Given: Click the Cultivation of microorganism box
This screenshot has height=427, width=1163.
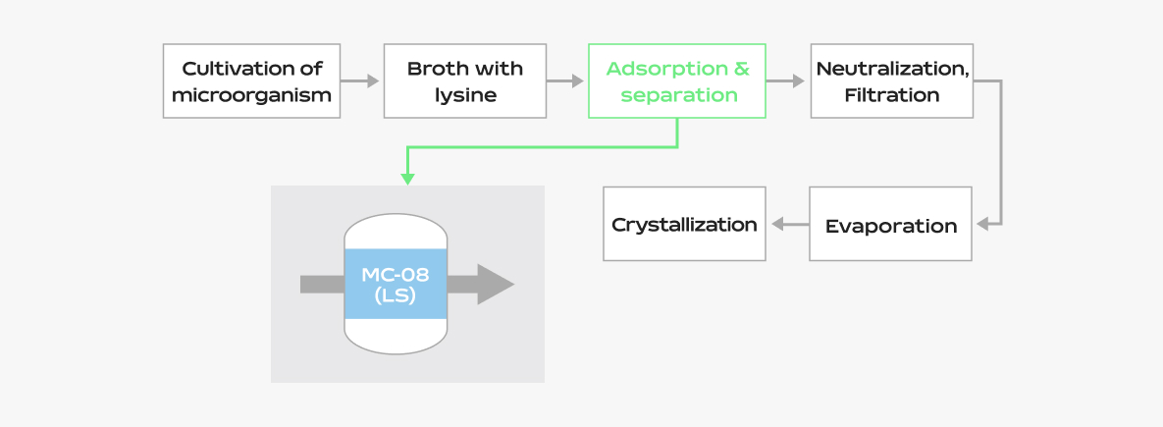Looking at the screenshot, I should [x=251, y=81].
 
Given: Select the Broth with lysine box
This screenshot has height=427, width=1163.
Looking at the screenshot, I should [x=464, y=81].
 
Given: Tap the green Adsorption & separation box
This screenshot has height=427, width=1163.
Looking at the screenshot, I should [x=677, y=81].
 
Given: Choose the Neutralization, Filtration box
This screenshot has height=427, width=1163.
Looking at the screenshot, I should [x=891, y=81].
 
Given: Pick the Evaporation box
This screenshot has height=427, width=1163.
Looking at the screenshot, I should [x=890, y=225].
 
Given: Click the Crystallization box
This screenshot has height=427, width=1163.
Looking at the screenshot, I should [x=684, y=224].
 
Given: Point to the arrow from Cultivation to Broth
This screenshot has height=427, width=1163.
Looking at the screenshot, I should [x=360, y=81].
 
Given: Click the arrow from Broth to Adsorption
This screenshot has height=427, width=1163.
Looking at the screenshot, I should [x=565, y=81].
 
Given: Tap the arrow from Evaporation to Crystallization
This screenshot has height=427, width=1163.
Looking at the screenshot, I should [x=788, y=224].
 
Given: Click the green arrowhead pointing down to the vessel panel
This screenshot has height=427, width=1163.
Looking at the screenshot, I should [x=407, y=179].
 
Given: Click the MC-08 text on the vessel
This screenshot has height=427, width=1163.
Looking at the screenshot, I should [x=396, y=275].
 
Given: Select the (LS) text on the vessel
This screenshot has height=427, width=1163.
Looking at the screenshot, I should [x=396, y=295].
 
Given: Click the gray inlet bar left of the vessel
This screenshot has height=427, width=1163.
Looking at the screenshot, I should [x=322, y=285].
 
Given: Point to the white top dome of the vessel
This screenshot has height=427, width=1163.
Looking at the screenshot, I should [x=396, y=232].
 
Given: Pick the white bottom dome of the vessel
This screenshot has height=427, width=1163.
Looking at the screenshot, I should [x=396, y=335].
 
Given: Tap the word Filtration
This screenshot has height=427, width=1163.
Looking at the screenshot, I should [x=891, y=95].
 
